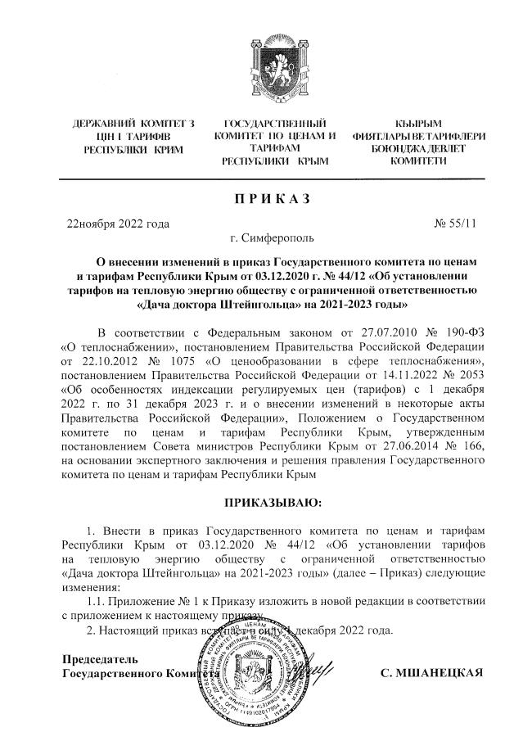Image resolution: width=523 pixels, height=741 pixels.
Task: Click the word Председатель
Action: tap(101, 658)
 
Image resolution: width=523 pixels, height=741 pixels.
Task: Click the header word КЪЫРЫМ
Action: tap(418, 124)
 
